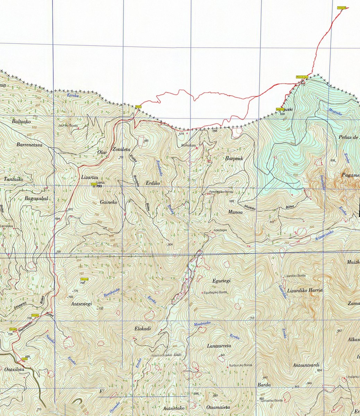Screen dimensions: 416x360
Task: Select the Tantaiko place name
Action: click(13, 179)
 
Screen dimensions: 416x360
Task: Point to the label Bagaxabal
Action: click(36, 198)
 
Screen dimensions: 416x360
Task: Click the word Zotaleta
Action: click(121, 149)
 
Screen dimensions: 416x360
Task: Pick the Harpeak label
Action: click(234, 158)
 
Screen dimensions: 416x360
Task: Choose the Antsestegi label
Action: click(81, 304)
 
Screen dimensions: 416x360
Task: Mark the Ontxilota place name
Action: click(15, 370)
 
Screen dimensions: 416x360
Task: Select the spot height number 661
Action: click(146, 140)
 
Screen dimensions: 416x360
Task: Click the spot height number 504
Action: click(170, 244)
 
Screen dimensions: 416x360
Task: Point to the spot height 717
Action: click(252, 318)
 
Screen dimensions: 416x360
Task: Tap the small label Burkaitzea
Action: click(189, 146)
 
